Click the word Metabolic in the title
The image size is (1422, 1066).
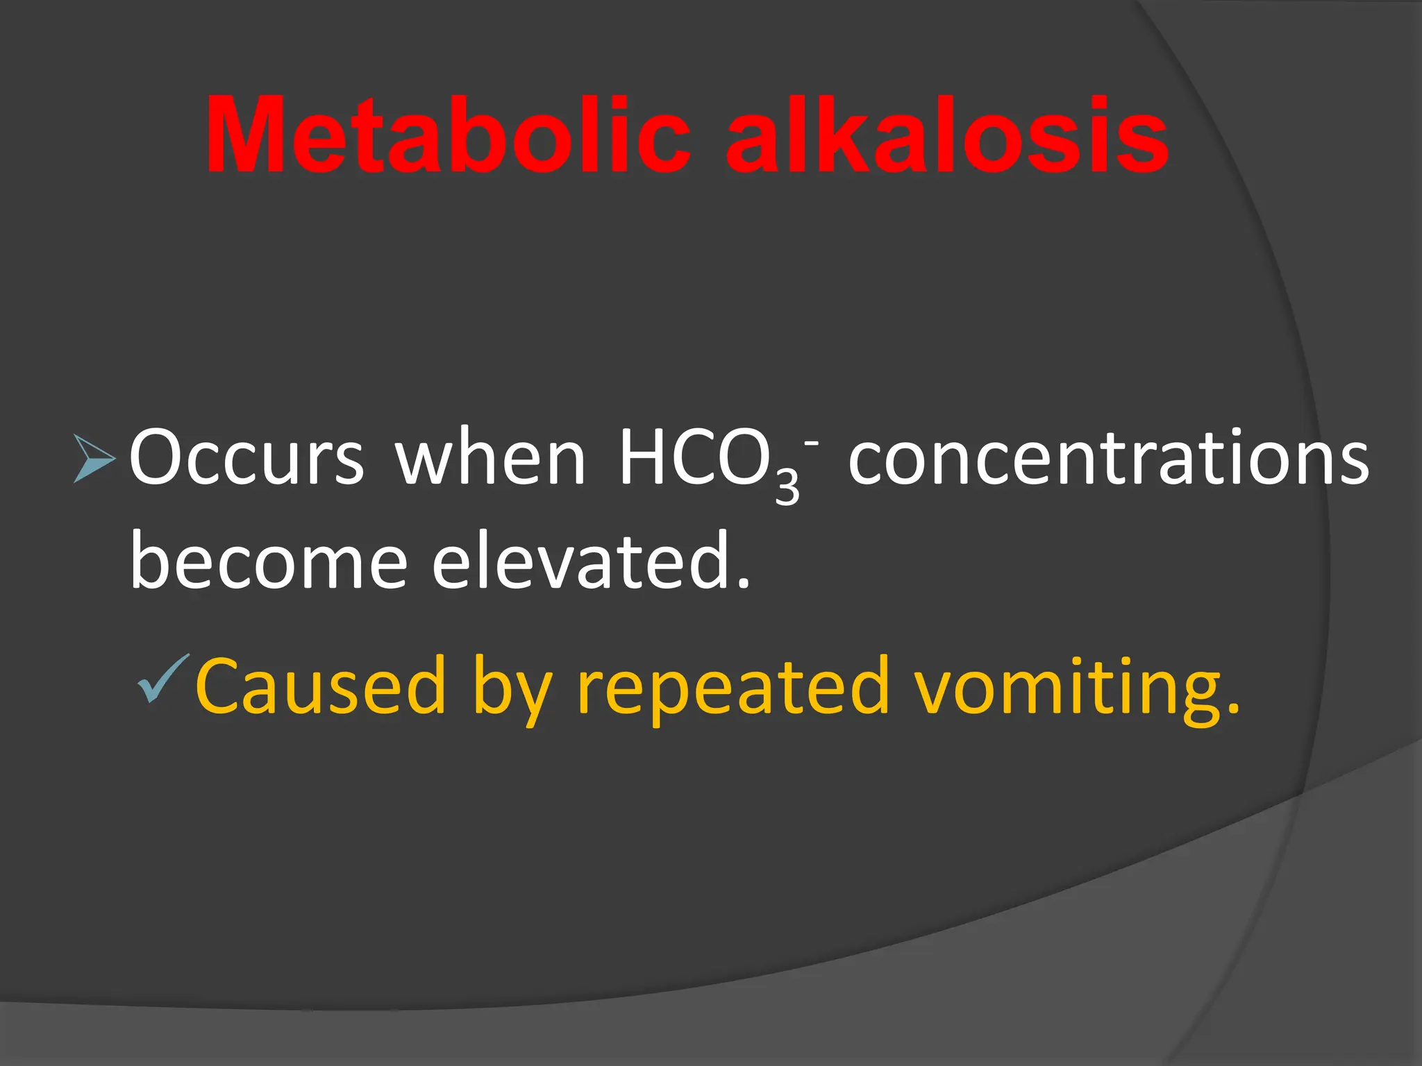pos(448,135)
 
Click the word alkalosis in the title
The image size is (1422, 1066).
pos(947,135)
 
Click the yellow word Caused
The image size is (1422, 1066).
pos(320,686)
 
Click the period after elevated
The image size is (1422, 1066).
pos(744,584)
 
